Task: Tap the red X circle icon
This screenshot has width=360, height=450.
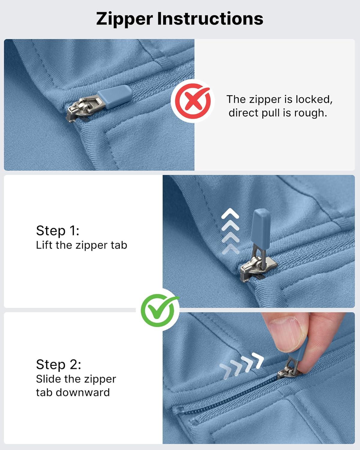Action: (193, 101)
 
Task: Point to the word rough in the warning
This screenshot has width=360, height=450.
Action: (310, 113)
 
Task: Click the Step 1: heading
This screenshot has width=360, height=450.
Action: (58, 231)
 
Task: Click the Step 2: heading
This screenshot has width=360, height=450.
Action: (58, 364)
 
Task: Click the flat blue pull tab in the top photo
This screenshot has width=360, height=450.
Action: (115, 97)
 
